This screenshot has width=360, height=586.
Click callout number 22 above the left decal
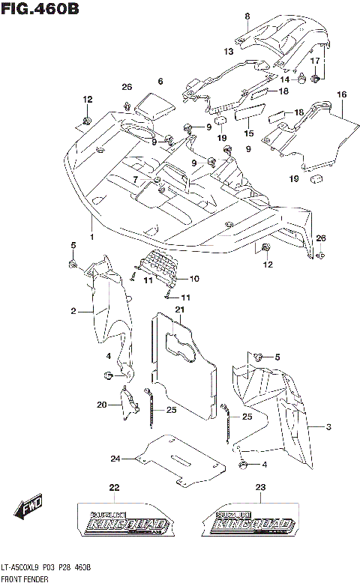tap(114, 488)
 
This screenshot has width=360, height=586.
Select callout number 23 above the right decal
tap(260, 488)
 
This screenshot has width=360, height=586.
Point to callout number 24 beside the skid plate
tap(115, 459)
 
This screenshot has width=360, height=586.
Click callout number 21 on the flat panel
tap(179, 309)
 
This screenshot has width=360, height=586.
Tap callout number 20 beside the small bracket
tap(101, 405)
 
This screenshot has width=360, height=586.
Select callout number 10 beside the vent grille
tap(193, 280)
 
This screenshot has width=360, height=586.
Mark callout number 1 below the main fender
tap(92, 237)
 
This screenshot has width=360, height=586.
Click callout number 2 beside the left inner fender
tap(74, 311)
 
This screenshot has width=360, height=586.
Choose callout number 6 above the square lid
tap(160, 81)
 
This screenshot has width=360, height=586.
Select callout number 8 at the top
tap(247, 16)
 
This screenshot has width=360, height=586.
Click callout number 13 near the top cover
tap(228, 51)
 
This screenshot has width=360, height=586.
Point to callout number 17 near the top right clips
tap(316, 60)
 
